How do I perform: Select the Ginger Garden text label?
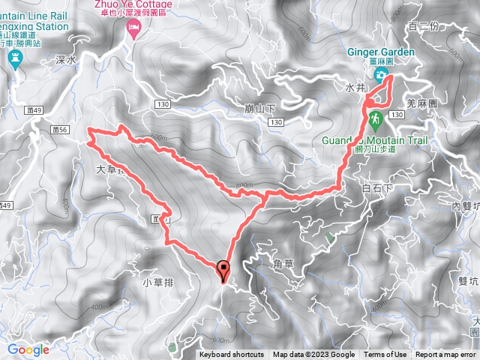(x=381, y=51)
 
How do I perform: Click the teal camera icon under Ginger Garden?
(x=381, y=75)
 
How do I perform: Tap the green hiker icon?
(x=374, y=118)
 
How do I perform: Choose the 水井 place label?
(x=355, y=88)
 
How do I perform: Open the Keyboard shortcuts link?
(x=232, y=355)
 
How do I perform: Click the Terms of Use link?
(x=385, y=355)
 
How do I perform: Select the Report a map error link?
(x=445, y=355)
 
